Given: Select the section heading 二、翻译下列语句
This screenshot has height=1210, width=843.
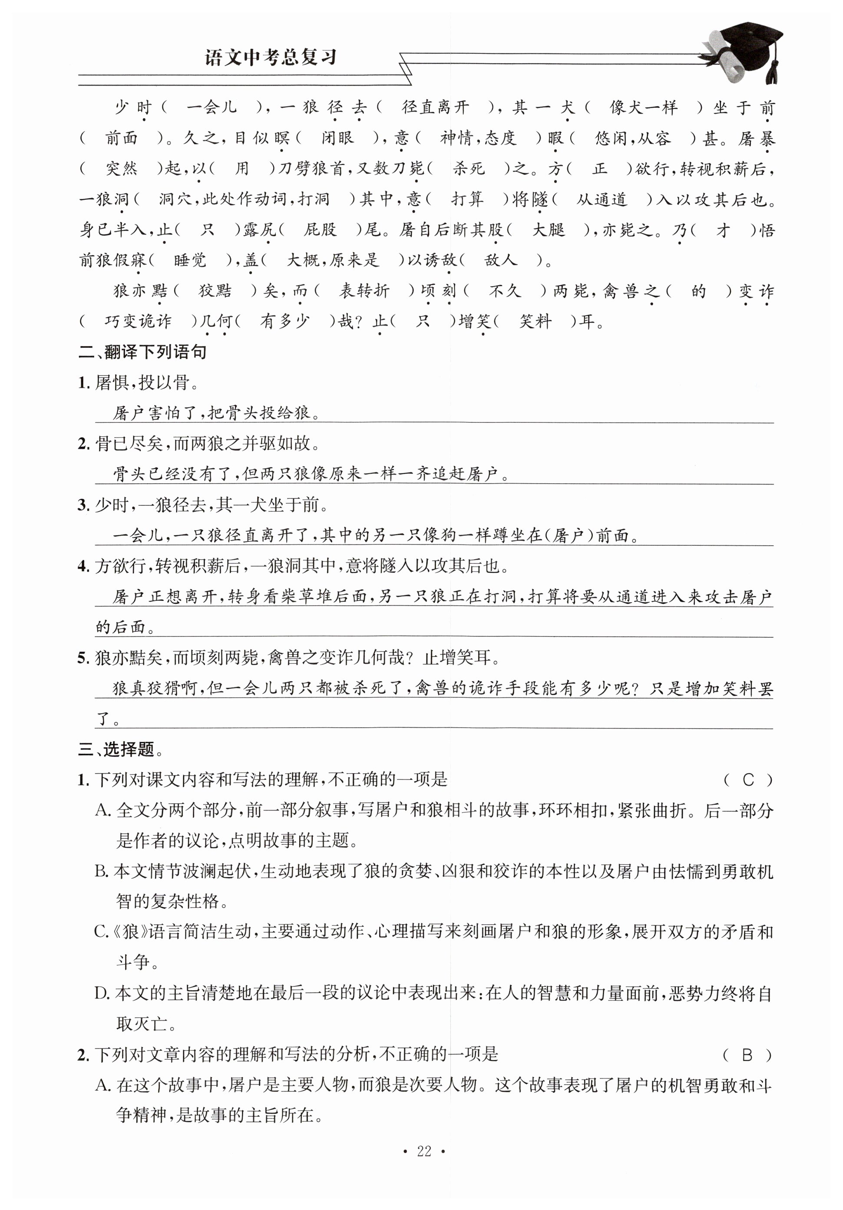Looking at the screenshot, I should coord(142,352).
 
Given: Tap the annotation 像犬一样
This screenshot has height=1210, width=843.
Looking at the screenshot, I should coord(643,108).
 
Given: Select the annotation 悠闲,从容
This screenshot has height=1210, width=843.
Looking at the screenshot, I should coord(633,138).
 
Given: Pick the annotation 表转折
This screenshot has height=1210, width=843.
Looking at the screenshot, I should coord(364,290).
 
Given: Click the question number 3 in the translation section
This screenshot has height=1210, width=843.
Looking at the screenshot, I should coord(83,505).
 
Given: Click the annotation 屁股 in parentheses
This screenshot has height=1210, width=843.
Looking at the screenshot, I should coord(320,230).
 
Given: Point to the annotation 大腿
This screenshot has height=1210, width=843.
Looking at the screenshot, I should coord(548,230).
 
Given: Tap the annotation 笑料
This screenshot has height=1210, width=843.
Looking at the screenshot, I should coord(535,321).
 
